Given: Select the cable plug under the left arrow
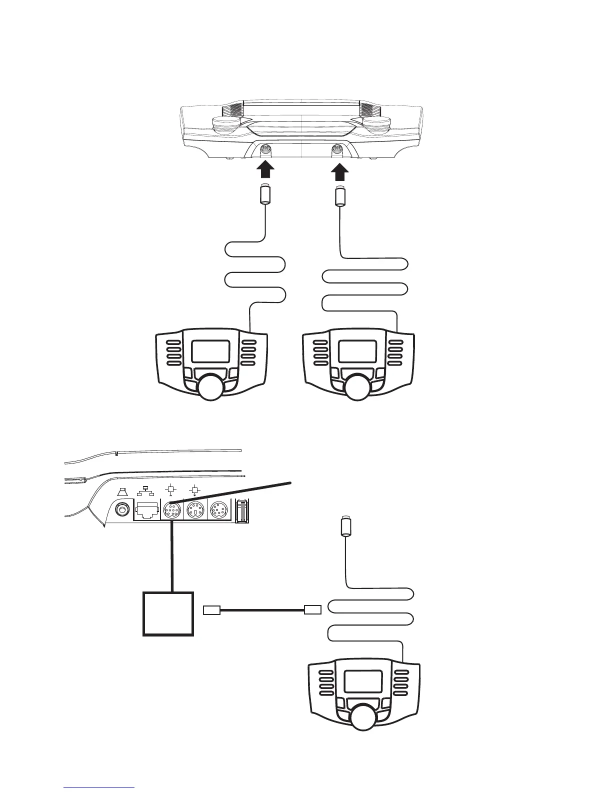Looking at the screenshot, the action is click(x=264, y=194).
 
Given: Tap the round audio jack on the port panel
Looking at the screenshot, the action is click(x=121, y=511).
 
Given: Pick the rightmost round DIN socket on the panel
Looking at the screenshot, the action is click(x=219, y=511).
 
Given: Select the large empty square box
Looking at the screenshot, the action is click(x=168, y=614).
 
